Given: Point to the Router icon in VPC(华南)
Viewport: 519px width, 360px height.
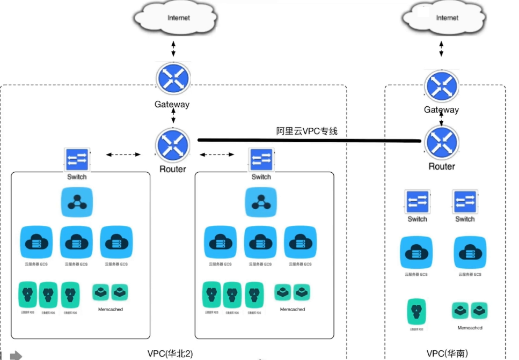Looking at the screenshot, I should click(x=441, y=142).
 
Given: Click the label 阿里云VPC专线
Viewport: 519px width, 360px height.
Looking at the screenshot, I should click(x=307, y=130).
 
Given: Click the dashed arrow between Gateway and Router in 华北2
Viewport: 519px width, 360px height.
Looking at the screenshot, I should click(x=173, y=117).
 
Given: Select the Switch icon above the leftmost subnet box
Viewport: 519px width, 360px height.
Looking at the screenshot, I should click(x=77, y=159).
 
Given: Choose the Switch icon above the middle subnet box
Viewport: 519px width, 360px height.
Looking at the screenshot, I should click(x=261, y=159).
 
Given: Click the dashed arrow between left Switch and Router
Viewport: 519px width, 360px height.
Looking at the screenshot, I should click(x=123, y=155).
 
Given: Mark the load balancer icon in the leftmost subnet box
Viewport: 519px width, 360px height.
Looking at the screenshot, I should click(x=77, y=202).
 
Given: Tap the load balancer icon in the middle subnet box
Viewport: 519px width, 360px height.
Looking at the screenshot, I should click(x=261, y=202).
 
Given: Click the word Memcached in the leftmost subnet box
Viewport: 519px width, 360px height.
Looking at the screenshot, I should click(x=111, y=310).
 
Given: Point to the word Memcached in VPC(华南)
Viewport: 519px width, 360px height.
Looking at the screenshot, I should click(x=470, y=327).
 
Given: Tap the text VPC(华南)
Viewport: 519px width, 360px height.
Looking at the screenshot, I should click(x=447, y=354).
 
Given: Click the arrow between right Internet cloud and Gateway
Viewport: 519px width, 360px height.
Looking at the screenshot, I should click(x=442, y=48).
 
